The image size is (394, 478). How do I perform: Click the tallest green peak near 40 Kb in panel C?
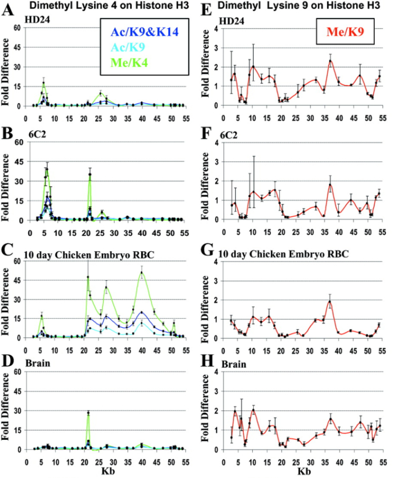point(142,272)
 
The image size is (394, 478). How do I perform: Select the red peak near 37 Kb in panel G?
point(330,301)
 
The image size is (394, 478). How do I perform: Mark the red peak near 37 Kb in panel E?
point(330,61)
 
